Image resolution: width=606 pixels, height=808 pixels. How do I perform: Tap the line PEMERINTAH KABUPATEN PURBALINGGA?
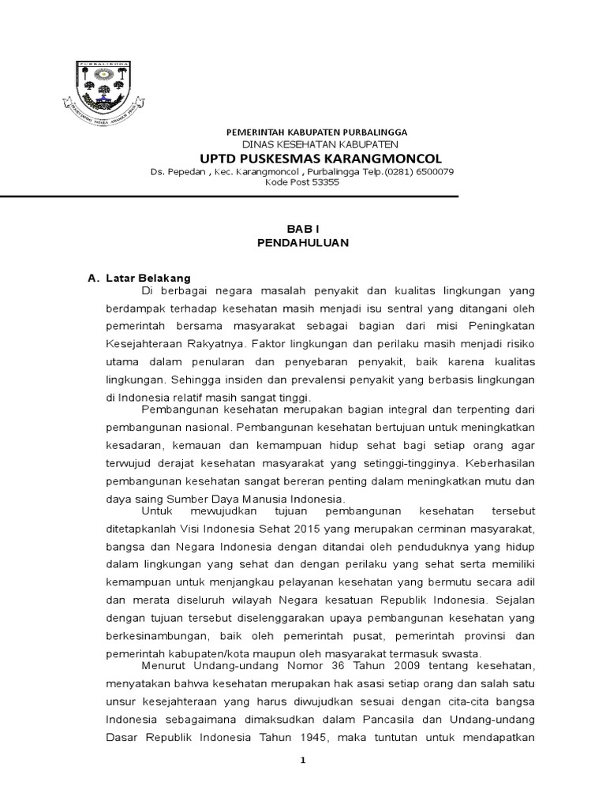click(316, 132)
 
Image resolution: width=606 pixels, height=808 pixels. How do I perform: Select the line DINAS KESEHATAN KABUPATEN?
click(309, 144)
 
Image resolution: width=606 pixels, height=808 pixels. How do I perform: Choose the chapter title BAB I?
click(302, 228)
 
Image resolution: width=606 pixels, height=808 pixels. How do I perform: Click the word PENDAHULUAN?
click(302, 243)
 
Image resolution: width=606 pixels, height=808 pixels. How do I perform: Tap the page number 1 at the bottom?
click(302, 760)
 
